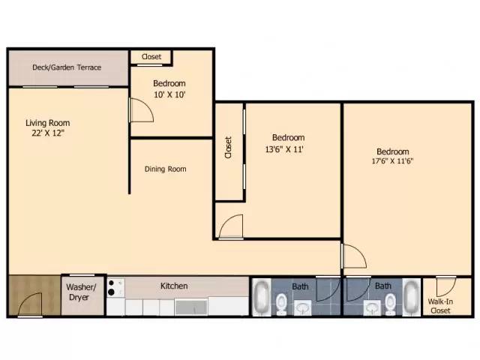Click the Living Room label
47,123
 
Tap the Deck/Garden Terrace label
67,67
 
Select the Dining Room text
165,169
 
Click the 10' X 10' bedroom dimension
169,94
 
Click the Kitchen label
174,286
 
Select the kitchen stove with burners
115,287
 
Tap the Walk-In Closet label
439,305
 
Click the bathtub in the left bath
261,298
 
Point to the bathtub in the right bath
413,298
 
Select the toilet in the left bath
280,303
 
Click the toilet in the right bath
390,303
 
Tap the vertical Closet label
228,146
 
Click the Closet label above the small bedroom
151,56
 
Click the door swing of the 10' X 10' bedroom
141,111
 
